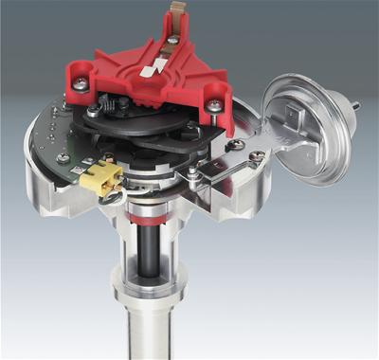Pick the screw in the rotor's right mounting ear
[216, 105]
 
